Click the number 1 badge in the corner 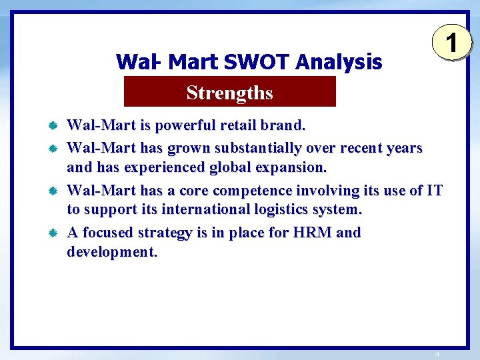[452, 44]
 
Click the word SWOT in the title [257, 63]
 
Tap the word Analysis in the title [339, 63]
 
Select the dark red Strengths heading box [230, 92]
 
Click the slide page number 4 [437, 354]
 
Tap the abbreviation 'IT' [434, 190]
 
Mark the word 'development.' [112, 253]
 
